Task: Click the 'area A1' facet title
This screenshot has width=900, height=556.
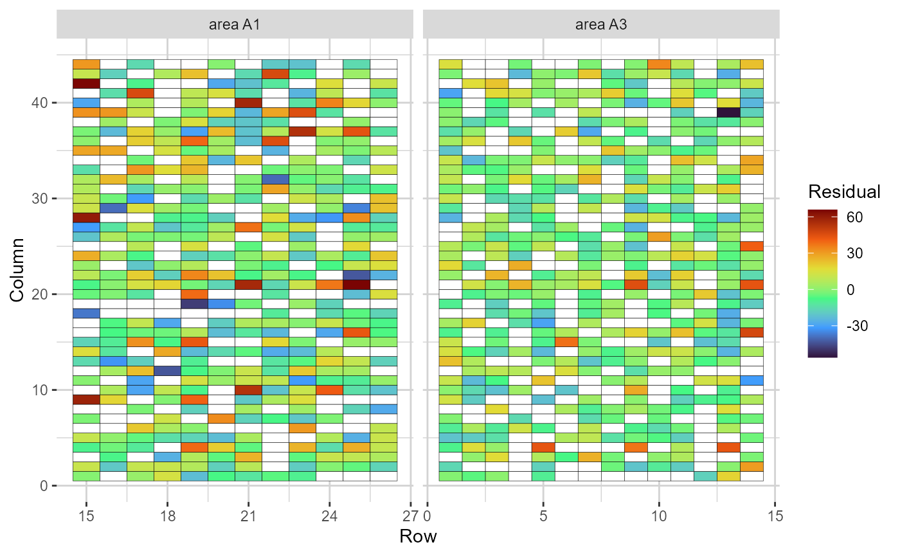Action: [235, 25]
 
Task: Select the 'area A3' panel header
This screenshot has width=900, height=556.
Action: [601, 25]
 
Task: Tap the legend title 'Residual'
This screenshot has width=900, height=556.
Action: [844, 192]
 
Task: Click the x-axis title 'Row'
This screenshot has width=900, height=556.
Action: [418, 536]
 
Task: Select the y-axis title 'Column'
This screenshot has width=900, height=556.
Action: [19, 269]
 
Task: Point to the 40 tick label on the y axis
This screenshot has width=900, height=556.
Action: [40, 103]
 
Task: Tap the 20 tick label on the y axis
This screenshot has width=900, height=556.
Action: [40, 294]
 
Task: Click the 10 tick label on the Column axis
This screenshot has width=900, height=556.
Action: [40, 390]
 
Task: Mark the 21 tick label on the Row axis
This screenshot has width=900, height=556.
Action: [249, 516]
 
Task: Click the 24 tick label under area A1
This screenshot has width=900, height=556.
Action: [330, 516]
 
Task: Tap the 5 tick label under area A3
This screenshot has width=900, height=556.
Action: [543, 516]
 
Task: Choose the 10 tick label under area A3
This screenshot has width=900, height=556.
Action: [659, 516]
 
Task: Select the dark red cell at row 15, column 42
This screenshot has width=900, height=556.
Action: [86, 84]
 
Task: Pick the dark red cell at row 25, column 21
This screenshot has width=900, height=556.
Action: [356, 284]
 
